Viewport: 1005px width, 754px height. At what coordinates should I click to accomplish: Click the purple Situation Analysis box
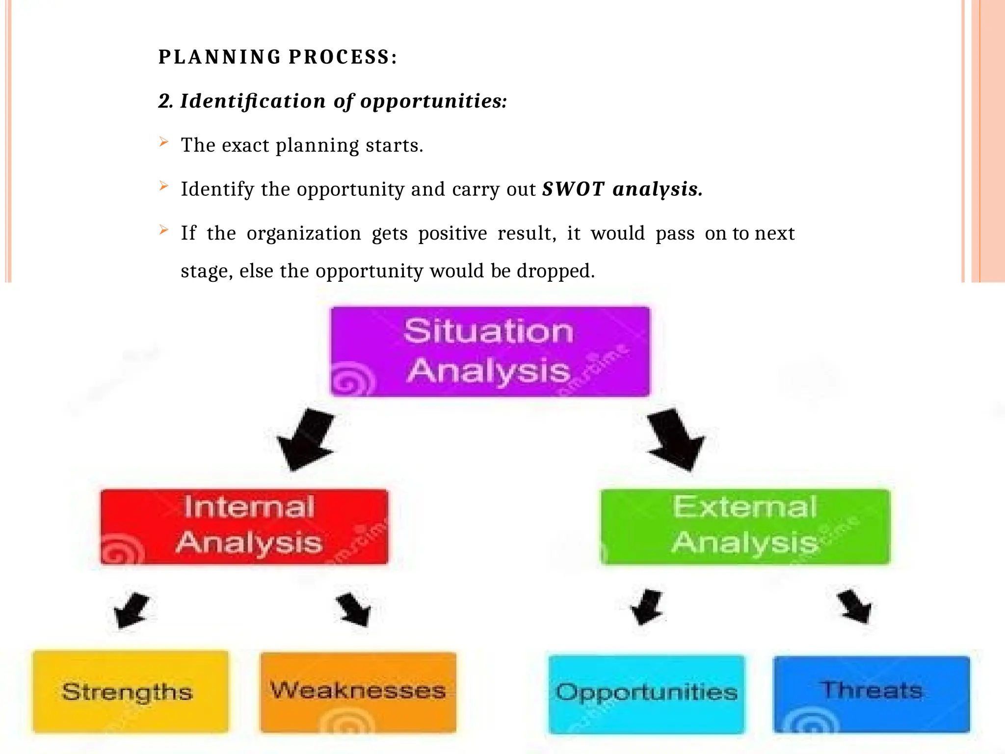click(x=490, y=351)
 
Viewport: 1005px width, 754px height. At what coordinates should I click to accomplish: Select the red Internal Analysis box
click(x=244, y=526)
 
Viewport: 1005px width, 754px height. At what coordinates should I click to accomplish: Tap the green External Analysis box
click(x=745, y=526)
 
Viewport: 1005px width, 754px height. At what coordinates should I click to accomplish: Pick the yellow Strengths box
click(x=130, y=691)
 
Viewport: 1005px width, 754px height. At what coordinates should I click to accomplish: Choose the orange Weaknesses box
click(x=358, y=691)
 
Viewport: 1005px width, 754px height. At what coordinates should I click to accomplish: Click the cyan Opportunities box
click(x=646, y=693)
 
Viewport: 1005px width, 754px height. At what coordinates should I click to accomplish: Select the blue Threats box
click(x=871, y=693)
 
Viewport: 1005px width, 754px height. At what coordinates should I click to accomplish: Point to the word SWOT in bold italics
click(x=573, y=189)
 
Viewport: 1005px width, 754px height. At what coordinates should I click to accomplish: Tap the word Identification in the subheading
click(x=253, y=101)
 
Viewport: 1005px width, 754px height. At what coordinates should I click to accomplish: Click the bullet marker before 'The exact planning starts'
click(x=164, y=142)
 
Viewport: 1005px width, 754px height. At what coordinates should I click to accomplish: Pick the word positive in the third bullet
click(x=452, y=233)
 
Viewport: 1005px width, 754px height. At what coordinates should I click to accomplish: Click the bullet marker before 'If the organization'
click(x=164, y=230)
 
